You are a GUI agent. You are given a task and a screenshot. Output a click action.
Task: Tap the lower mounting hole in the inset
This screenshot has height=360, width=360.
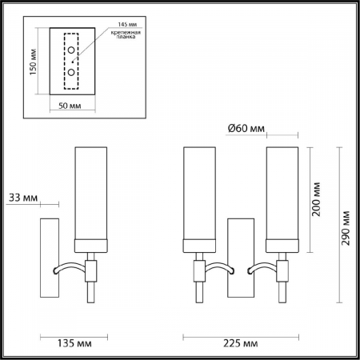point(71,72)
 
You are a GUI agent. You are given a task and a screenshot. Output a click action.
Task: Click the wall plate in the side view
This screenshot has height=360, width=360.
point(49,256)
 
